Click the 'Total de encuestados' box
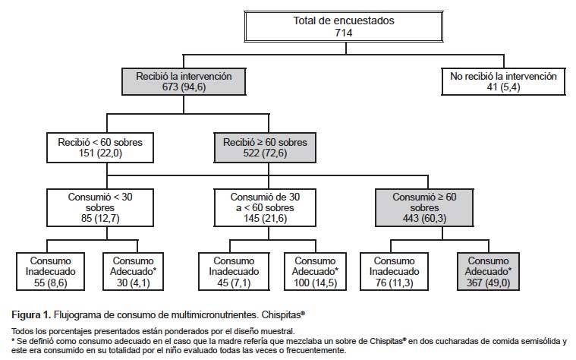point(344,27)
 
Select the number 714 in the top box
point(344,33)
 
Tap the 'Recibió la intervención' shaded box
point(184,81)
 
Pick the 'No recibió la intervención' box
point(503,81)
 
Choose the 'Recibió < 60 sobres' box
point(100,148)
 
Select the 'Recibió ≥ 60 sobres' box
point(265,148)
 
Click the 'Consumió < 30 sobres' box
point(100,208)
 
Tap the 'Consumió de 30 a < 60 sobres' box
point(265,208)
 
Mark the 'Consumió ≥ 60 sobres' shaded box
point(424,208)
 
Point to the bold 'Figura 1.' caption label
point(31,315)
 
